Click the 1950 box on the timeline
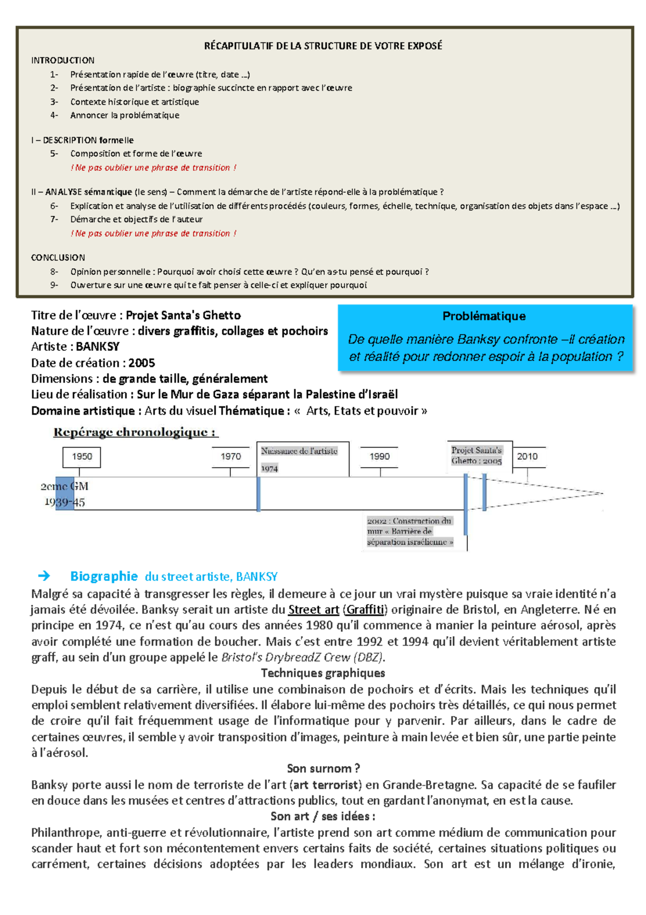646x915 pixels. [82, 456]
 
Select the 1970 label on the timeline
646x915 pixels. [231, 456]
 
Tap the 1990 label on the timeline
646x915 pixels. [380, 456]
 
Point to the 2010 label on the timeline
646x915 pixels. [528, 456]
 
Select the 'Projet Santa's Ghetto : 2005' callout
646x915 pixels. [477, 455]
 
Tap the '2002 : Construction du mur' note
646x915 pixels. [410, 531]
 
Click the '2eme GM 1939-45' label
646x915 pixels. [65, 494]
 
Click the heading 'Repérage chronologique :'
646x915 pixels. [135, 432]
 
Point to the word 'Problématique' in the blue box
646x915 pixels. [484, 316]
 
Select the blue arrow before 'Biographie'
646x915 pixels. [44, 576]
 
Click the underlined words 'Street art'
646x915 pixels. [313, 610]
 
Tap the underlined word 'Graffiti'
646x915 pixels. [365, 610]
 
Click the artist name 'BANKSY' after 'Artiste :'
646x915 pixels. [97, 346]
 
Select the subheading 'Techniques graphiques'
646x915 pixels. [323, 673]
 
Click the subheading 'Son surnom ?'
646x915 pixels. [323, 768]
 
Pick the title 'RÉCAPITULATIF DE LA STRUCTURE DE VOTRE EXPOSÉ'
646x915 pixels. [323, 46]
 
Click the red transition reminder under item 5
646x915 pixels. [153, 168]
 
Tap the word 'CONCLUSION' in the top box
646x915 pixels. [58, 258]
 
